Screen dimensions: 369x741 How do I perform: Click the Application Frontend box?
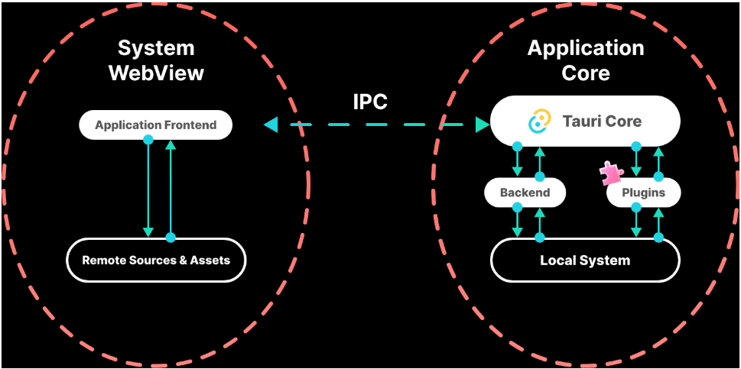[x=156, y=125]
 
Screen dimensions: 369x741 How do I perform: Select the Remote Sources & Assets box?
[x=156, y=260]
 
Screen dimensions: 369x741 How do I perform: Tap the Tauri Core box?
[x=585, y=121]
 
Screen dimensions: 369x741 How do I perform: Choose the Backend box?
[x=525, y=193]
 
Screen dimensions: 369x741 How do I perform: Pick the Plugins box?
[x=643, y=193]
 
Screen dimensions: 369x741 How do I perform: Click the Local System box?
[x=585, y=261]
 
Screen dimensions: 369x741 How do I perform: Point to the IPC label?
[x=370, y=102]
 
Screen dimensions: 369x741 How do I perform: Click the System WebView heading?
[x=156, y=60]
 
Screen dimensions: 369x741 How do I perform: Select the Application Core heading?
[x=586, y=60]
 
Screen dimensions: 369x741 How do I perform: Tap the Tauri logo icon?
[x=540, y=121]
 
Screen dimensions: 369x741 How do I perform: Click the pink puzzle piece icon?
[x=610, y=173]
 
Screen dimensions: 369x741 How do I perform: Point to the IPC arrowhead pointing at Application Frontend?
[x=270, y=125]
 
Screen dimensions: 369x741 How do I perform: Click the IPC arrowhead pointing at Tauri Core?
[x=482, y=125]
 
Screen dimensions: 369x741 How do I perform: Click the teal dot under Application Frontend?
[x=148, y=141]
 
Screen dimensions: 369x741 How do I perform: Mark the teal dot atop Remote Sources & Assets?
[x=171, y=238]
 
